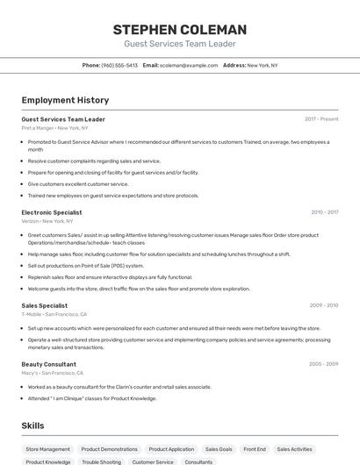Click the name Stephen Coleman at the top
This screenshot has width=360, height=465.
[x=180, y=30]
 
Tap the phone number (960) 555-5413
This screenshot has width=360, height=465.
[x=119, y=65]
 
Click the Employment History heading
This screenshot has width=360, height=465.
[x=65, y=100]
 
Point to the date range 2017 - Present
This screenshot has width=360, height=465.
[x=321, y=118]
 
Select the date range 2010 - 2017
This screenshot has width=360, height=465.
[x=323, y=212]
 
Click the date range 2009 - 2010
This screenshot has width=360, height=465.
[x=323, y=305]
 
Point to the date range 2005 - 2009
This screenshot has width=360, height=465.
[x=323, y=363]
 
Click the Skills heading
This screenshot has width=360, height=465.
[x=33, y=426]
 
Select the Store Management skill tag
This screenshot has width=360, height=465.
[x=47, y=449]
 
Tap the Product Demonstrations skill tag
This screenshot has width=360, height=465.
[x=109, y=449]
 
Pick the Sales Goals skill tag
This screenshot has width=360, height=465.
[x=220, y=449]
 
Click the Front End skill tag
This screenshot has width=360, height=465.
[x=255, y=449]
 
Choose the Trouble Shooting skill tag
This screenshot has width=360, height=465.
[x=101, y=461]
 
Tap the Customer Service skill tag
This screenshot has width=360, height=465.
[x=153, y=461]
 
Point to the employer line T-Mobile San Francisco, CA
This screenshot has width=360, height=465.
[x=54, y=314]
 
